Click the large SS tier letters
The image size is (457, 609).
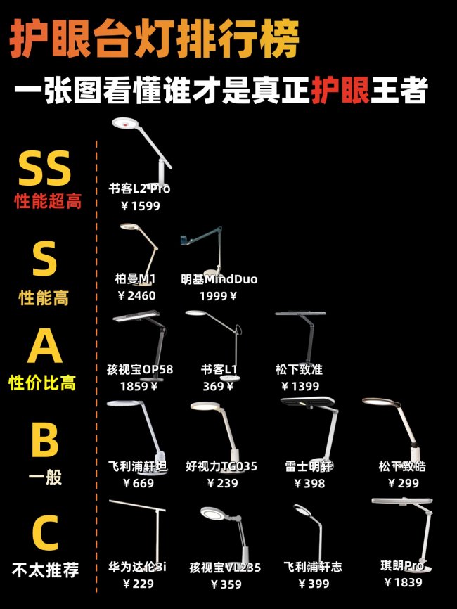45,169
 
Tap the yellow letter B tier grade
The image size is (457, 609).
45,440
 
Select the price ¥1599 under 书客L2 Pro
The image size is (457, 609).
141,206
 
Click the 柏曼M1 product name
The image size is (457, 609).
136,279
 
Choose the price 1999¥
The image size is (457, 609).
219,296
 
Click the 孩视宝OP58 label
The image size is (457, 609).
140,369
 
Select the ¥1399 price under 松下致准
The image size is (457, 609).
300,386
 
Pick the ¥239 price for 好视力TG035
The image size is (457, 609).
219,483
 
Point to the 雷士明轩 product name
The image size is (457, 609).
309,466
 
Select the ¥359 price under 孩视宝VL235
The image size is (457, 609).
221,584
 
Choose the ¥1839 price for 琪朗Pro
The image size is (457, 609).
404,582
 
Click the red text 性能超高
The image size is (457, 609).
48,202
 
